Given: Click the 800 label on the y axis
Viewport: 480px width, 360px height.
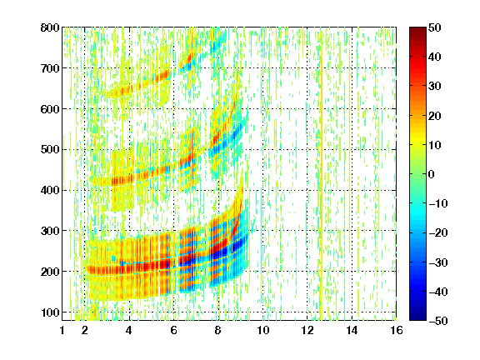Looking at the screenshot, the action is coord(50,27).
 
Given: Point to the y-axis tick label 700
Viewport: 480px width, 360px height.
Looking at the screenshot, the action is coord(50,68).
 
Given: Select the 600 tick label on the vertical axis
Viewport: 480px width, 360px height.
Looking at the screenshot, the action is coord(50,109).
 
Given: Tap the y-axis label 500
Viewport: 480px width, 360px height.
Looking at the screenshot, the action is coord(50,150).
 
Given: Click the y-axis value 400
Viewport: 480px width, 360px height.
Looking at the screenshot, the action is coord(50,190).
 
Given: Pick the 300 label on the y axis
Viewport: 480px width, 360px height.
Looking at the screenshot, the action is coord(50,231).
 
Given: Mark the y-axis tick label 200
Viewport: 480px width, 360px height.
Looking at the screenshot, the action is coord(50,272).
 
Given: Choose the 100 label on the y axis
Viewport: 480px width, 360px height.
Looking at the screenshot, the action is coord(50,312).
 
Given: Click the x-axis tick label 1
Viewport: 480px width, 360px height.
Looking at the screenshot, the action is coord(62,330).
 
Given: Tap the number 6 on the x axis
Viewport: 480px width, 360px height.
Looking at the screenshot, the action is coord(173,330).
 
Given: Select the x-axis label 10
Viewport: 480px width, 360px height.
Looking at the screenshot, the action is coord(262,330).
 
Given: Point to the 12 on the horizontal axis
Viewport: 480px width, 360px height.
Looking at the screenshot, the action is coord(307,330).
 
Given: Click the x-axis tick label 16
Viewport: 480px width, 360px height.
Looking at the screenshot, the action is coord(397,330).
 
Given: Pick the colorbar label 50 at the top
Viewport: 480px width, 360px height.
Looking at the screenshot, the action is coord(434,27).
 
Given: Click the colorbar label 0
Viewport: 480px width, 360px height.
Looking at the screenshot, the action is coord(432,174).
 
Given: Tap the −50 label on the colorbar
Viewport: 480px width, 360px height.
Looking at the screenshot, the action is coord(438,321).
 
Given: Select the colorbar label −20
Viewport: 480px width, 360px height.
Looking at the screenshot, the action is coord(438,233).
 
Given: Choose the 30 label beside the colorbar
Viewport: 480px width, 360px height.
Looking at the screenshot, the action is coord(434,87).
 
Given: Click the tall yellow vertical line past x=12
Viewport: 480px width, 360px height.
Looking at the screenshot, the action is coord(322,182).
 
